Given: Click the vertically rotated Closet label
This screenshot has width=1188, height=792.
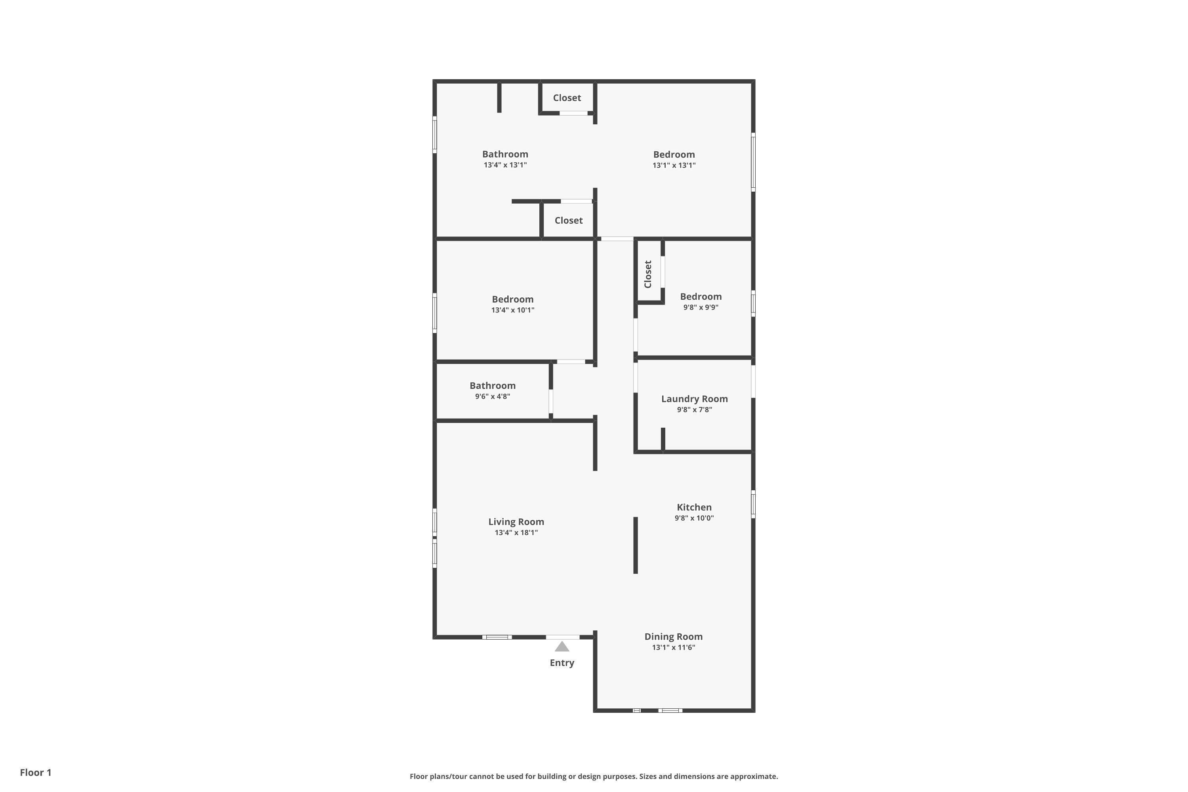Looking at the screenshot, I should (648, 274).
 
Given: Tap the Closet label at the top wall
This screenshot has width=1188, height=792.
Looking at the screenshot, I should (567, 98).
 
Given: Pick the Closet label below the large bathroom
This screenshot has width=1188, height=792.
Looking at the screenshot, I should (568, 220).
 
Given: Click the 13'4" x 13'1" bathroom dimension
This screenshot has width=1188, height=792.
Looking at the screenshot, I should (505, 165).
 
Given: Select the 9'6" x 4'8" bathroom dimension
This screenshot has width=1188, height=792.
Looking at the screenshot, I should (493, 396).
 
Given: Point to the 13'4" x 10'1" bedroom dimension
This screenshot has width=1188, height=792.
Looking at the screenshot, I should (513, 310).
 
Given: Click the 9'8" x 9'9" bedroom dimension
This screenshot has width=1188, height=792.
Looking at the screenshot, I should (701, 307).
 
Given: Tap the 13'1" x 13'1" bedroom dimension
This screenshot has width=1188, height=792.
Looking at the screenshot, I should (674, 165).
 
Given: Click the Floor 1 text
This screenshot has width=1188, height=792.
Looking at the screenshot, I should (35, 772).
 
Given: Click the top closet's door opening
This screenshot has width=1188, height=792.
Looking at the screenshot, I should (573, 113).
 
